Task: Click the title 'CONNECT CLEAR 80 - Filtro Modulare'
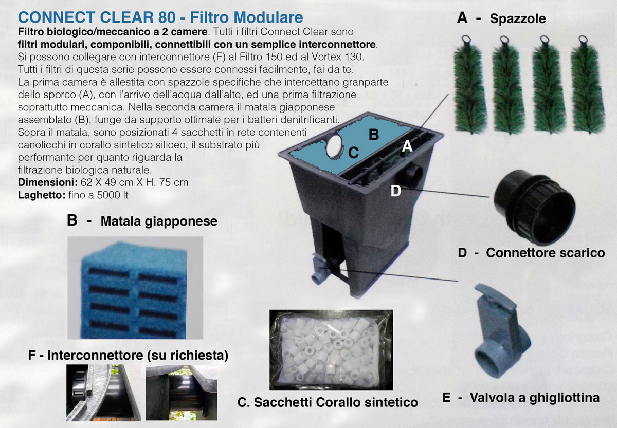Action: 160,17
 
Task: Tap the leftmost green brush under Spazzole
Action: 470,85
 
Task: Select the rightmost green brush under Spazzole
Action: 588,85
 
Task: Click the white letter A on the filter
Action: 407,146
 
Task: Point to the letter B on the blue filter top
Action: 374,135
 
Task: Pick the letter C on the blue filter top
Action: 353,152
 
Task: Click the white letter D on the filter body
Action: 396,191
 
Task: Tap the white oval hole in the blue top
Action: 334,147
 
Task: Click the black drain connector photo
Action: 534,208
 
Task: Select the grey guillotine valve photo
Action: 502,330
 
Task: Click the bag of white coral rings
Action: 331,350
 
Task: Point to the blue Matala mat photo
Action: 135,288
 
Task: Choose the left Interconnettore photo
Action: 103,393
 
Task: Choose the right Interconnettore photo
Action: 181,393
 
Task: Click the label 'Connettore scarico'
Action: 546,253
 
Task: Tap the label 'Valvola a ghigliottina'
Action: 535,398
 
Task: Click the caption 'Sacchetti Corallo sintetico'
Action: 336,402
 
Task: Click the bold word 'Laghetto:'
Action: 42,195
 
